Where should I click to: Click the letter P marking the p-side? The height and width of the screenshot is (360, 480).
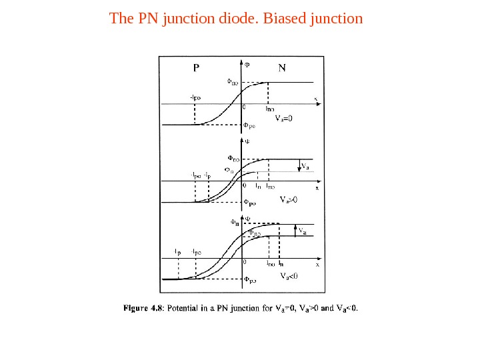point(196,67)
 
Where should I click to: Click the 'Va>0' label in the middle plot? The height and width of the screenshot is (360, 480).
point(289,199)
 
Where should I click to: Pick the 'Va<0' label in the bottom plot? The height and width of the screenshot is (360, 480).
point(289,275)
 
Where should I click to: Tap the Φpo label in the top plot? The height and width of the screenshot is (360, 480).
point(249,125)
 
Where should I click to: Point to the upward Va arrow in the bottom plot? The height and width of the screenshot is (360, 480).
point(297,230)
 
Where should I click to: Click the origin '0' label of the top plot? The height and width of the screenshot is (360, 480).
point(243,107)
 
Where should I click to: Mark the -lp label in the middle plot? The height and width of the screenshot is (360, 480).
point(208,176)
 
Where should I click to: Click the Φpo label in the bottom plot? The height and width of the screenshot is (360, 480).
point(249,281)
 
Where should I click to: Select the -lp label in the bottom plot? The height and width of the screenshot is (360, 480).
point(177,252)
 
